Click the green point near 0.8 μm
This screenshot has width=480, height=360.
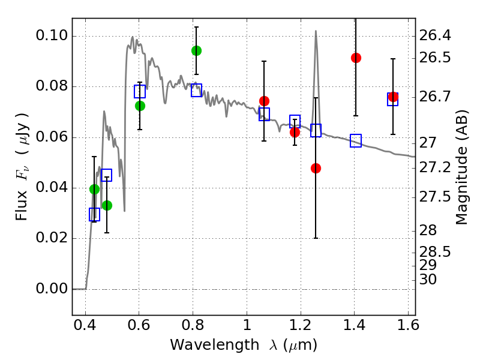196,50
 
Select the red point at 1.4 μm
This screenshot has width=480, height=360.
356,58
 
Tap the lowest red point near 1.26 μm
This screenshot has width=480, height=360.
316,168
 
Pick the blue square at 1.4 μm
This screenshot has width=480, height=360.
356,140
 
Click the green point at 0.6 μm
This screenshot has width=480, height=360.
140,106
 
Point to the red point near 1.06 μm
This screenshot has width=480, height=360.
264,101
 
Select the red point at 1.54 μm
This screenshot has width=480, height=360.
393,97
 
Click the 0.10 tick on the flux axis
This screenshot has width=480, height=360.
52,36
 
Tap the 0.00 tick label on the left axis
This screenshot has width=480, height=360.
52,289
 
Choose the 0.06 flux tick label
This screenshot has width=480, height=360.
52,137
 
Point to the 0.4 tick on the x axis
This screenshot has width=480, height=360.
85,328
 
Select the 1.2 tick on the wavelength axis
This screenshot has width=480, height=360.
300,328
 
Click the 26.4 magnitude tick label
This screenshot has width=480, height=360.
436,36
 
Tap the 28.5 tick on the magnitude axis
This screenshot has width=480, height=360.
436,250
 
